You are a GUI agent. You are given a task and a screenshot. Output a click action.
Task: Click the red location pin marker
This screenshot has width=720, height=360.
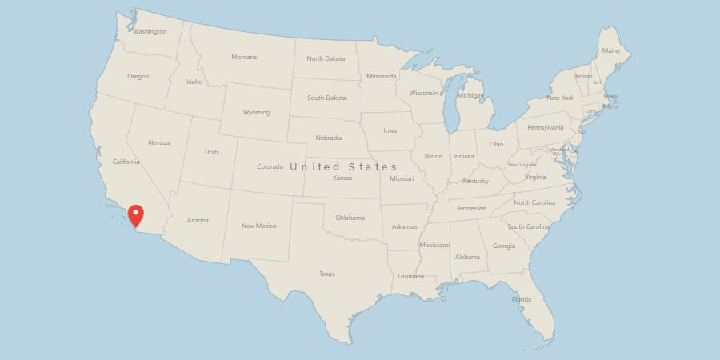[136, 215]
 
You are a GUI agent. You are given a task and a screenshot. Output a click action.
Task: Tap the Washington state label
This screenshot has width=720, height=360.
[150, 32]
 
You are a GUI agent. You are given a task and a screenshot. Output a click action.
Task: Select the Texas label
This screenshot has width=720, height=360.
[326, 274]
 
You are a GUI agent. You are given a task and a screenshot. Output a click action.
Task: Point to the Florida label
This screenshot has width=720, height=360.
[521, 299]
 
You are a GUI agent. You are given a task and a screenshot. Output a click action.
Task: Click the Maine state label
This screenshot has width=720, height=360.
[611, 50]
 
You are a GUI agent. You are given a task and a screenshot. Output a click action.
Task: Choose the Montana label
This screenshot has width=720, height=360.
[244, 58]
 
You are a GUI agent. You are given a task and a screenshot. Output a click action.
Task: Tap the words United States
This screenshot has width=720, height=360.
[343, 166]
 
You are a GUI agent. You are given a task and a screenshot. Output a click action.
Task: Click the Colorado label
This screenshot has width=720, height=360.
[270, 166]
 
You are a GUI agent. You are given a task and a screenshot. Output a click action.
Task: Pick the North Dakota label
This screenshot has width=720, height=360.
[326, 58]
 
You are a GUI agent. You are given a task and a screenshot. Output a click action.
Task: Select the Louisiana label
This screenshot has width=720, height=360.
[411, 276]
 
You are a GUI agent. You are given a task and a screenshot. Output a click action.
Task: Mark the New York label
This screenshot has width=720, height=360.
[560, 98]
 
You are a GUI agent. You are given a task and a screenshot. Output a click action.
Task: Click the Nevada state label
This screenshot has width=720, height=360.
[159, 142]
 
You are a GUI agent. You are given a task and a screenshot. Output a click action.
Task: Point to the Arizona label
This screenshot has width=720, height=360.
[198, 220]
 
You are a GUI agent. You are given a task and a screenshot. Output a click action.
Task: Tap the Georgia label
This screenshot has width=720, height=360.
[504, 246]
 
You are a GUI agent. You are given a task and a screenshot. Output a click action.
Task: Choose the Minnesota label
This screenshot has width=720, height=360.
[381, 76]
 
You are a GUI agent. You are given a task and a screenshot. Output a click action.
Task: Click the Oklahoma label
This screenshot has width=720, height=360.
[350, 218]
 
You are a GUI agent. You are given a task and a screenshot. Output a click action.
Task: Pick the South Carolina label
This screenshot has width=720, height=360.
[529, 226]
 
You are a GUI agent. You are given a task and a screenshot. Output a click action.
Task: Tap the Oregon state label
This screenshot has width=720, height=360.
[138, 76]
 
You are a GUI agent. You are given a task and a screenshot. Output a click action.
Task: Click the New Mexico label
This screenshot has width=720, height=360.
[259, 226]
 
